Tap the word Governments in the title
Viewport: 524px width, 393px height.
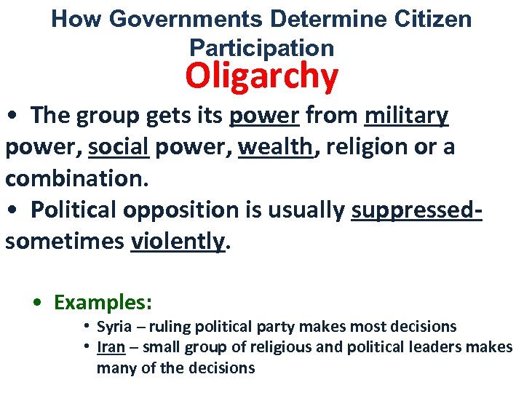pos(189,20)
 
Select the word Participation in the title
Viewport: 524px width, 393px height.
pos(262,47)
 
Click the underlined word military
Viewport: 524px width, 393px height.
pos(407,116)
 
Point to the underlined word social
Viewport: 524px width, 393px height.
pos(118,147)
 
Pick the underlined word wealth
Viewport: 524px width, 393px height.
pos(276,147)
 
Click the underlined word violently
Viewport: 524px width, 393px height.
pos(178,241)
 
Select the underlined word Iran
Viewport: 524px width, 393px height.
pos(111,347)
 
